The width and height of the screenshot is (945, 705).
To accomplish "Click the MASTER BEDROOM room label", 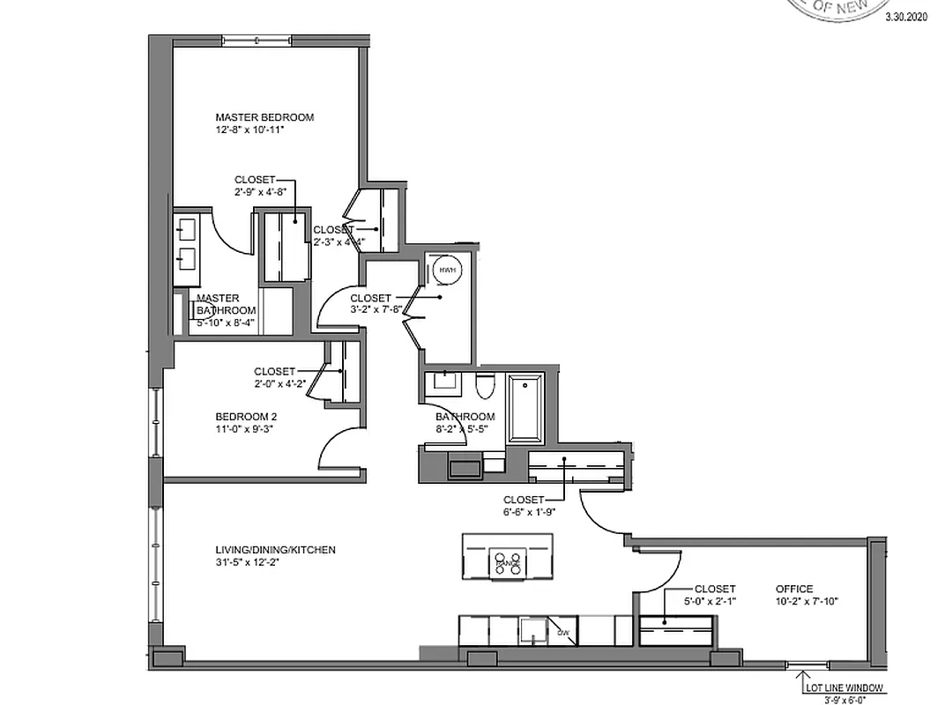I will [x=264, y=116].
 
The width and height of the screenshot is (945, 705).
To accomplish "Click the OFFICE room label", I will [x=794, y=589].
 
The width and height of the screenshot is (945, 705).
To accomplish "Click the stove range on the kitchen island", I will [x=508, y=561].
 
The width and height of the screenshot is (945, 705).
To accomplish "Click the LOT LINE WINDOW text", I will [x=842, y=688].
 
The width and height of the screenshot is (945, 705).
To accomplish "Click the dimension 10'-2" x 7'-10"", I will [x=807, y=602].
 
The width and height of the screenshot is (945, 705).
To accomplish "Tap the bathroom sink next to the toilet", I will [x=442, y=385].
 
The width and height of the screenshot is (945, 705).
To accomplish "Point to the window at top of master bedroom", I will [x=257, y=41].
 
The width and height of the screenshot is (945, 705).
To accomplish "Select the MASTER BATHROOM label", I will [x=227, y=304].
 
